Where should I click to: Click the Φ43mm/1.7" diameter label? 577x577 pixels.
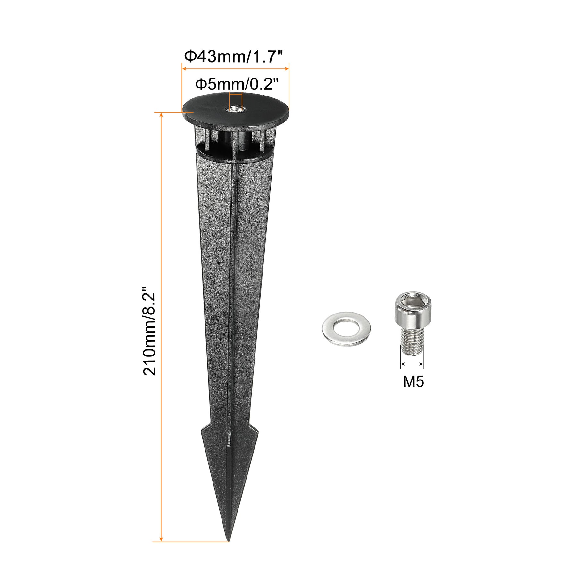pos(233,57)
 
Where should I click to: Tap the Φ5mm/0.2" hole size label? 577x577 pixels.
pos(237,84)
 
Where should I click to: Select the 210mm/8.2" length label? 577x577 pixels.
pos(149,330)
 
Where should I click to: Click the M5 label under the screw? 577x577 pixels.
pos(413,381)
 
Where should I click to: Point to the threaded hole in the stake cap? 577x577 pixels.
pos(236,109)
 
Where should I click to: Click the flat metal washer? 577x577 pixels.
pos(346,329)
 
